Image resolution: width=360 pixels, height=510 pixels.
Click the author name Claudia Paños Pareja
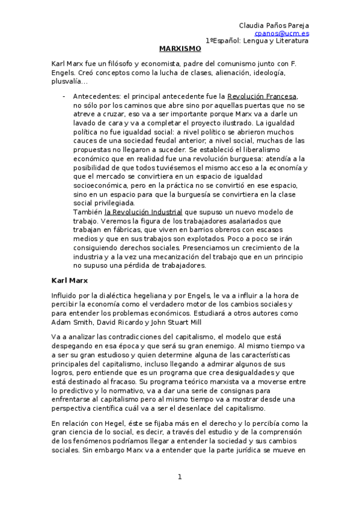pos(274,25)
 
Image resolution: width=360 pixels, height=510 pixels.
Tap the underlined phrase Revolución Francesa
pos(263,96)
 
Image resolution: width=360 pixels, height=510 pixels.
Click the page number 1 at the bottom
pos(180,477)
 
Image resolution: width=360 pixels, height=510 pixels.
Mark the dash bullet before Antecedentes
pos(64,96)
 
